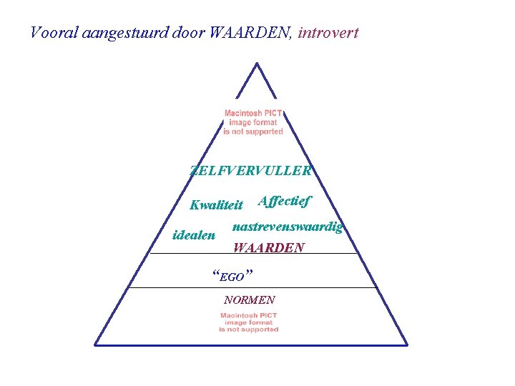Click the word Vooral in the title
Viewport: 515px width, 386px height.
(x=49, y=33)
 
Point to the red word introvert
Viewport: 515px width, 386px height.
(x=328, y=33)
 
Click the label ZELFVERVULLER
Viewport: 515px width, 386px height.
(x=251, y=171)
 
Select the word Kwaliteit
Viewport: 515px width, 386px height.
(x=216, y=205)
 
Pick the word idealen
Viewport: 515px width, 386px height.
(x=195, y=234)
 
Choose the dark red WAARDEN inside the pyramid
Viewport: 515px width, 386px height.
(x=268, y=247)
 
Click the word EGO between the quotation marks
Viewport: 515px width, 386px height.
(x=232, y=277)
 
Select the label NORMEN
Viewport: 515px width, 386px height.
(x=249, y=300)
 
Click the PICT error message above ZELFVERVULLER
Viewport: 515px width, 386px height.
(x=253, y=122)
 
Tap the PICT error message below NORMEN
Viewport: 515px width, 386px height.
(x=249, y=322)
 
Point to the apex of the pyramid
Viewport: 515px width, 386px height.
(x=256, y=64)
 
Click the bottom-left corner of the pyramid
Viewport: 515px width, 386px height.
(x=96, y=345)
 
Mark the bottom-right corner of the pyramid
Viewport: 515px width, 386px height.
(x=407, y=345)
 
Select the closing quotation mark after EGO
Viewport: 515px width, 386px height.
(x=248, y=272)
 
